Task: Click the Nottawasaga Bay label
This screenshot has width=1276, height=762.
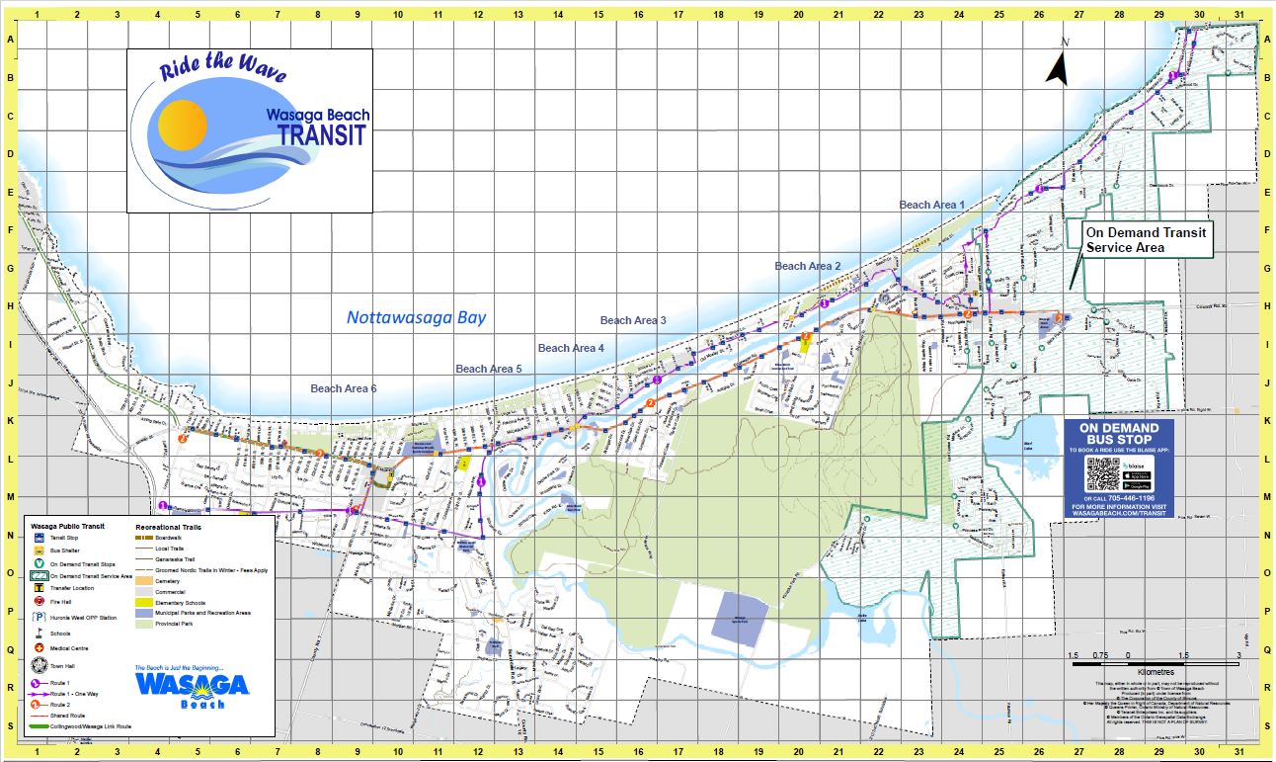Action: [416, 317]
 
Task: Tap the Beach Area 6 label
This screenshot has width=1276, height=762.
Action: [344, 388]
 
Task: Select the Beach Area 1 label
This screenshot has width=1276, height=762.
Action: [931, 205]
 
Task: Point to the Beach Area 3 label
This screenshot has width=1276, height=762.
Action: [633, 320]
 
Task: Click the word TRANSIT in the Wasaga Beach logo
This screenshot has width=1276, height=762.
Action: [322, 135]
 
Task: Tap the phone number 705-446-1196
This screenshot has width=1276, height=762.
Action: [1137, 498]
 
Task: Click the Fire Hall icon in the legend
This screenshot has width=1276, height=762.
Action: [39, 601]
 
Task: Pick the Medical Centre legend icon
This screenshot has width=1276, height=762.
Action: [39, 650]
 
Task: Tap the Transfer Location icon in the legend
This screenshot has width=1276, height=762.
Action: [39, 586]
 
